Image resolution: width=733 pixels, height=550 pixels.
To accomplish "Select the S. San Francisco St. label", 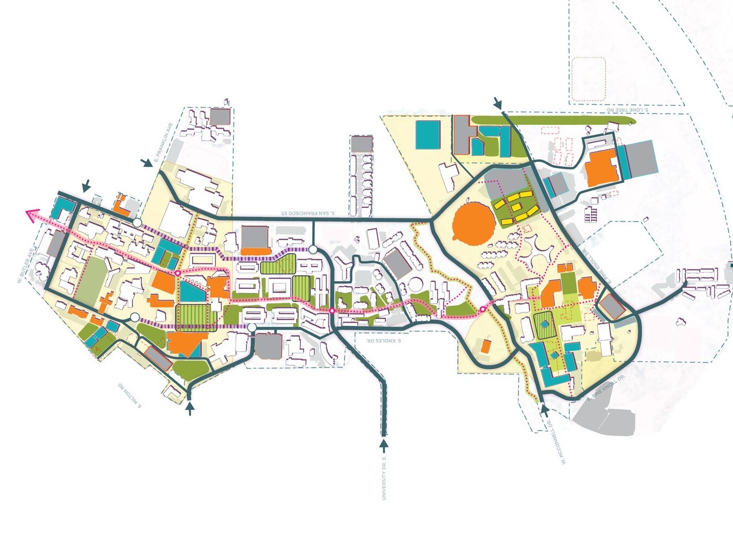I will pos(307,213).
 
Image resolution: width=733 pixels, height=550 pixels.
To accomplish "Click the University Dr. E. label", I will pos(384,478).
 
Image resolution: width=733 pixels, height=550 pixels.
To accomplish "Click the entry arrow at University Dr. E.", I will pos(384,446).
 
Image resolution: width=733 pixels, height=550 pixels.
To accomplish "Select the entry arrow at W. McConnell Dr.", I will pos(545,407).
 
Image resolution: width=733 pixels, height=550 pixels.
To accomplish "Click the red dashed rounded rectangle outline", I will pos(589,80).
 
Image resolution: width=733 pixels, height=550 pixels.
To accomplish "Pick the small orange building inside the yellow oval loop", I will pos(485,346).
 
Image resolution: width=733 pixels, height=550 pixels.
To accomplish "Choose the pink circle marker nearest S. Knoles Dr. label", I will pos(332,311).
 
